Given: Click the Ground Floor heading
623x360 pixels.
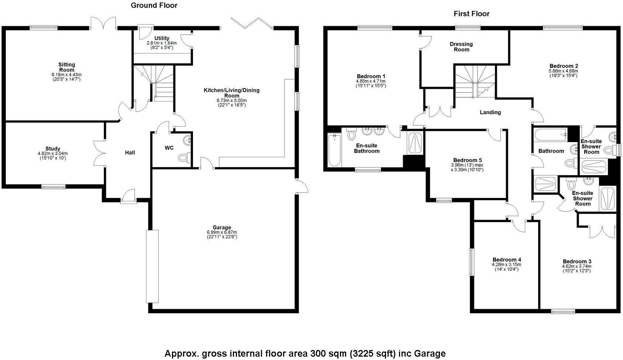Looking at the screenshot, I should pos(154,6).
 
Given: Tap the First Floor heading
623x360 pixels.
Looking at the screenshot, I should pos(471,14).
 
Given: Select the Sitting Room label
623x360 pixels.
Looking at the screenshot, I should pos(66,67).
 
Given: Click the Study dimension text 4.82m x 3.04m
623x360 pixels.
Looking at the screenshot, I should pos(53,153).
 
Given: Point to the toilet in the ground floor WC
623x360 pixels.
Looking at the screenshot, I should pos(183,158).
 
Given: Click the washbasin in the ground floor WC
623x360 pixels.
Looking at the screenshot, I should pos(188,140).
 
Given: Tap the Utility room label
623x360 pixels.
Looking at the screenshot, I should pos(162,38).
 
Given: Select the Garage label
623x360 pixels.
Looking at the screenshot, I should pos(221,228).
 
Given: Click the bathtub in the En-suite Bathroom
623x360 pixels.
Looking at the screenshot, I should pos(335,150).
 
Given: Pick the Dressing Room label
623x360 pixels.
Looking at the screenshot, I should pos(461,47).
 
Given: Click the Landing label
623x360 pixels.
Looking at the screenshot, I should pos(490,112).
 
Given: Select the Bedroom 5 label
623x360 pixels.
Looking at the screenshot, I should pos(467,160).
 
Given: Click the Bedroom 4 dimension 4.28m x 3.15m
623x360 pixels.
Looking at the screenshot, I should pos(506,264).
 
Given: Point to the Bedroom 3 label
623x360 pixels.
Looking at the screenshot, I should pos(576,262).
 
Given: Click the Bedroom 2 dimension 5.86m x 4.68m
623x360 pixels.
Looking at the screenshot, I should pos(563,71).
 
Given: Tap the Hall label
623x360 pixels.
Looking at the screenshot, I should pos(130,152).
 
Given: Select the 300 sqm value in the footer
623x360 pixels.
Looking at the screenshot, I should pos(324,354).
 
